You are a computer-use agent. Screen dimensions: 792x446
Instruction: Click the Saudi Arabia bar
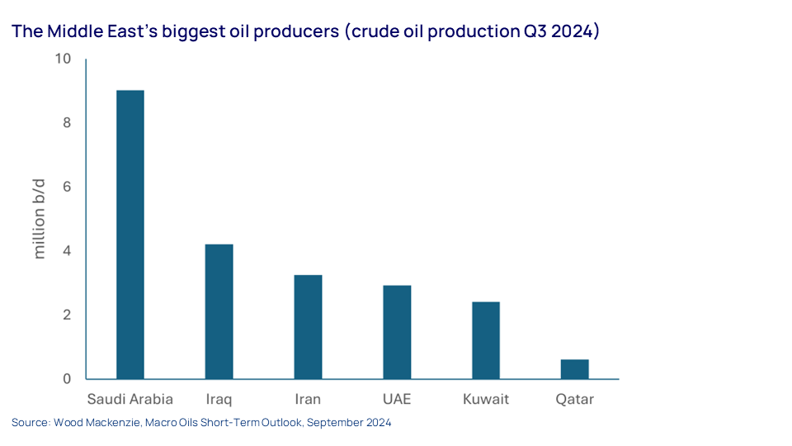(130, 235)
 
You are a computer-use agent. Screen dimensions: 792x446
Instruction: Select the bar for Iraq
(219, 311)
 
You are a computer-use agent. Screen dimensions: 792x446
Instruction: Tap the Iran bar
(308, 327)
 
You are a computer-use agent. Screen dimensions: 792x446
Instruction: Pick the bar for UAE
(397, 332)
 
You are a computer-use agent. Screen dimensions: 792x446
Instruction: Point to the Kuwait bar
(486, 340)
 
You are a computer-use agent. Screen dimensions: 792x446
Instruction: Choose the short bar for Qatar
(575, 369)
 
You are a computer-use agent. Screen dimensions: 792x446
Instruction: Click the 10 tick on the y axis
(64, 59)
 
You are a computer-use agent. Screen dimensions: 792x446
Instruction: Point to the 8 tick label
(67, 123)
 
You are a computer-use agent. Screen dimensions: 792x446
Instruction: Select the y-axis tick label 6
(67, 187)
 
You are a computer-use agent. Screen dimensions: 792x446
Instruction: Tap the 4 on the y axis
(67, 251)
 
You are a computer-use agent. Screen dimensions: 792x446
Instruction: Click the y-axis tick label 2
(67, 315)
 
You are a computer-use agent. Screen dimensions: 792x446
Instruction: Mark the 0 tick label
(67, 379)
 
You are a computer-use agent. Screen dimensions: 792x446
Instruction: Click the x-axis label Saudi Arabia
(130, 399)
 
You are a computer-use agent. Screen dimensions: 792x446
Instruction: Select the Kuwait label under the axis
(486, 399)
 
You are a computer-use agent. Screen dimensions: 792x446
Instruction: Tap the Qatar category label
(575, 400)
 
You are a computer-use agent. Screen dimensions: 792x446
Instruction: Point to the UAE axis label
(397, 399)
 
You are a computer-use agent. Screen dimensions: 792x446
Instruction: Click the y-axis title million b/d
(40, 219)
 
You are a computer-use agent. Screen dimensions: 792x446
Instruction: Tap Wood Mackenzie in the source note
(97, 422)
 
